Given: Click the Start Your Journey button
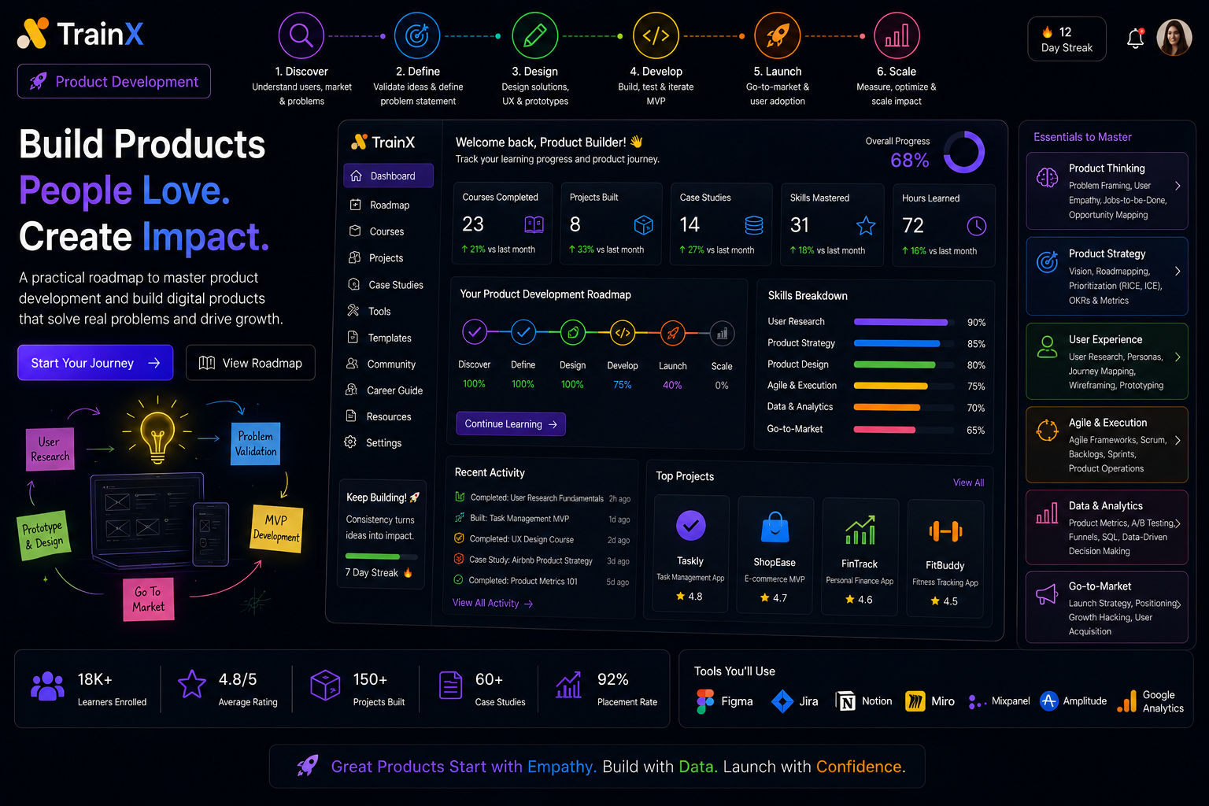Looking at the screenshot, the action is coord(95,363).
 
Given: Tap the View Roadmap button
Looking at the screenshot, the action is coord(250,363).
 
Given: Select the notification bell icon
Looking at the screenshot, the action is coord(1135,39).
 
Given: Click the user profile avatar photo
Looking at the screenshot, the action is coord(1174,38).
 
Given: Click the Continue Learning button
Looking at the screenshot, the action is coord(511,423).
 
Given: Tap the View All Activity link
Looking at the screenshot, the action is coord(492,603).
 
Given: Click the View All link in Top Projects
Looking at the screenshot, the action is coord(968,482).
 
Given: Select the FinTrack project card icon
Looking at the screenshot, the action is coord(860,530).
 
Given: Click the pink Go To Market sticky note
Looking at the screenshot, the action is coord(149,599).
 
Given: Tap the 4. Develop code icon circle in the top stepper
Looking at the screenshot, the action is coord(656,35).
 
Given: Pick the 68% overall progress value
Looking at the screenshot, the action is coord(909,161).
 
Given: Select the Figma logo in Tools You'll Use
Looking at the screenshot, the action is coord(705,701).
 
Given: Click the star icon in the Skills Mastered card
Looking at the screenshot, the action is coord(866,226).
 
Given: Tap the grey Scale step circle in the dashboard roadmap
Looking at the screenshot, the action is coord(722,334).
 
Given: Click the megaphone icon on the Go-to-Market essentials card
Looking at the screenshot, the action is coord(1047,594).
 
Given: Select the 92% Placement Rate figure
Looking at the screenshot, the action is coord(612,679).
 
